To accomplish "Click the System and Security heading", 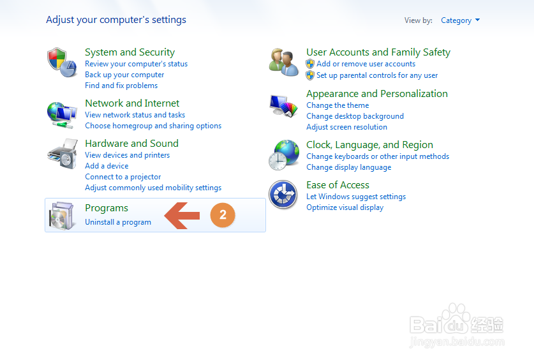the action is [x=130, y=52].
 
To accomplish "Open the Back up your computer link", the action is [x=124, y=75].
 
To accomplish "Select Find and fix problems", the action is [x=121, y=86].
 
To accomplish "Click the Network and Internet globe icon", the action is [x=62, y=115].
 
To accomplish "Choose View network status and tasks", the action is [x=135, y=115].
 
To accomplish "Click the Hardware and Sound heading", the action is [x=132, y=144].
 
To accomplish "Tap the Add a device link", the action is [x=107, y=166].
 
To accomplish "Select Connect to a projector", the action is [x=123, y=177].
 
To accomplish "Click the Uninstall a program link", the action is [x=118, y=222].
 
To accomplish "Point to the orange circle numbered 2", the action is [x=223, y=215].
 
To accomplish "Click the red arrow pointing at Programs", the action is [x=182, y=216].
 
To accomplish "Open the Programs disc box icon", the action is [x=61, y=216].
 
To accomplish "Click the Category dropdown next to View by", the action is [x=460, y=20].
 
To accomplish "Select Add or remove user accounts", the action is [x=366, y=64].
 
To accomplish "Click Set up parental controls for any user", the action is [x=377, y=75].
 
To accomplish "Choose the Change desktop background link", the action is [x=355, y=116].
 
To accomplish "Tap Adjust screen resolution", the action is [x=346, y=127].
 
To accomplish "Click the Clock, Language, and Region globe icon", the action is [x=284, y=155].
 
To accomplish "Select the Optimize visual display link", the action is [x=345, y=207].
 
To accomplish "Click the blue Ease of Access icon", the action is [x=283, y=195].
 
